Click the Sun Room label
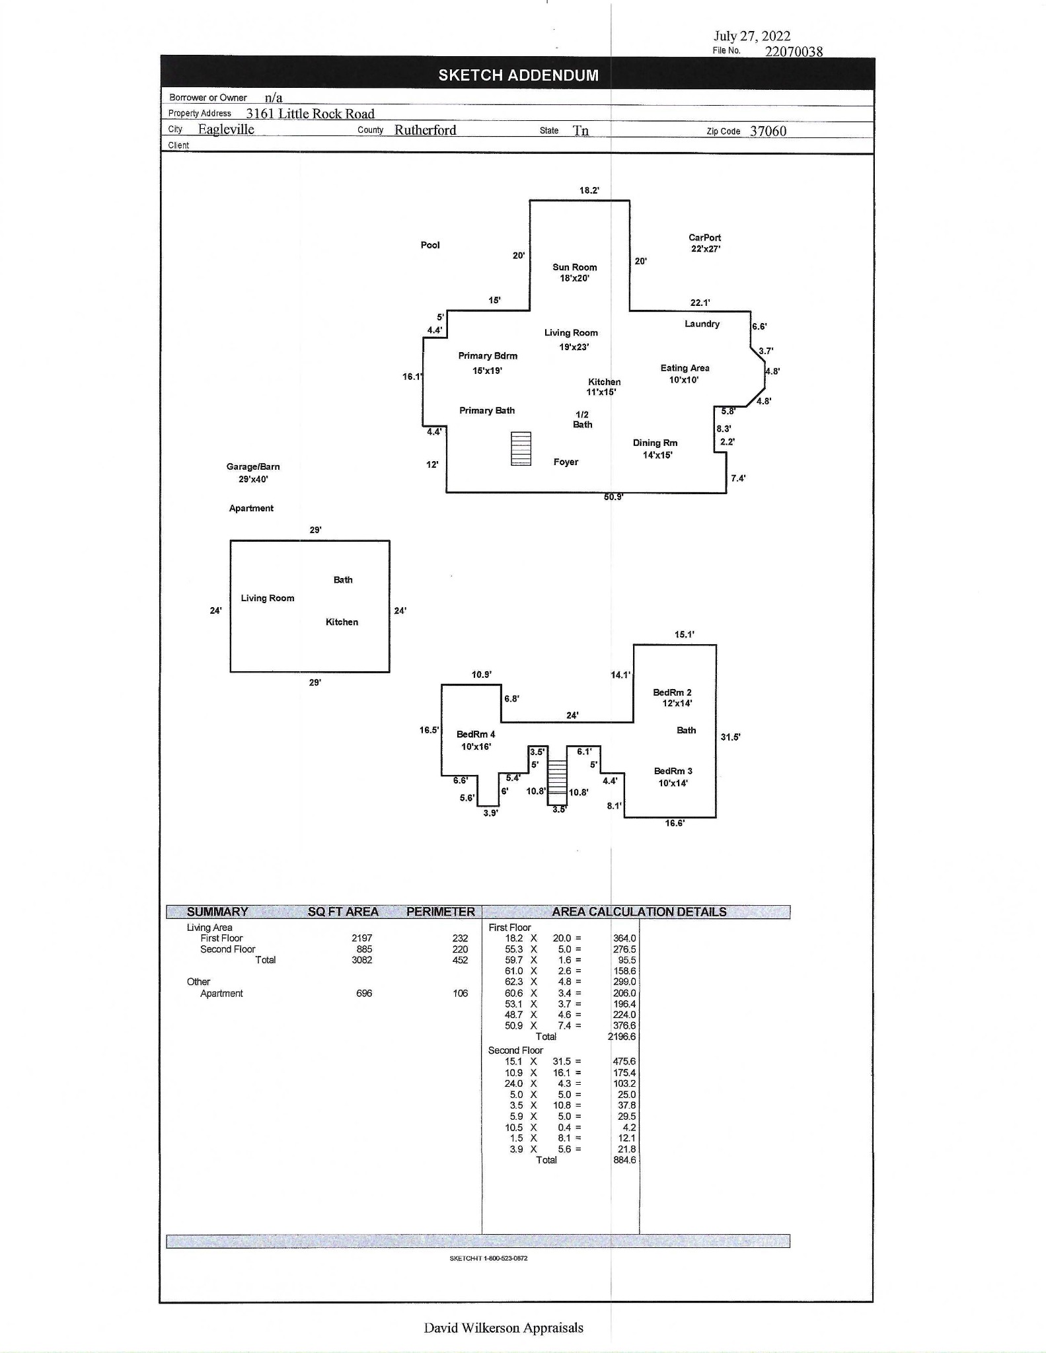point(574,268)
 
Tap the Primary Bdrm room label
point(488,356)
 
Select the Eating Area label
point(685,368)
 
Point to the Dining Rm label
point(655,443)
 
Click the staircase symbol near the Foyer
point(521,449)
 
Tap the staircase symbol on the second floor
point(558,776)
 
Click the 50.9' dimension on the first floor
point(613,497)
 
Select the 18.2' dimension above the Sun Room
point(589,190)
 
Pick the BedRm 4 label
point(476,735)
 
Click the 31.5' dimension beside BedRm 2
point(730,737)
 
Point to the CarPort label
point(704,238)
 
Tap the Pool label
point(430,245)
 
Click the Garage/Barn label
point(253,467)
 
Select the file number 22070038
point(794,52)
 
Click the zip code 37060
point(768,131)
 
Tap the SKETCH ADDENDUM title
point(518,75)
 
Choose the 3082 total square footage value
point(362,960)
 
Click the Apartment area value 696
point(364,994)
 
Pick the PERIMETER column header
point(440,912)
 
